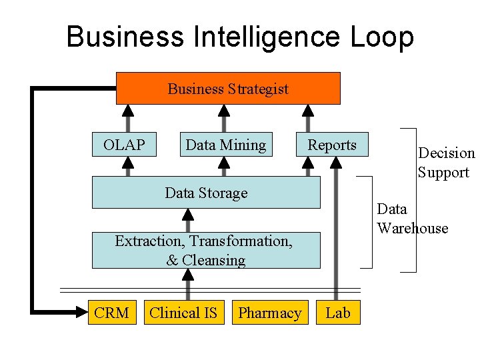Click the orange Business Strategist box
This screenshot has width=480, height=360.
(x=228, y=89)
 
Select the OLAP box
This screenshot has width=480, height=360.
(x=124, y=145)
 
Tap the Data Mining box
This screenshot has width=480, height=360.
(x=226, y=145)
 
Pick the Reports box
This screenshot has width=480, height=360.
(x=332, y=145)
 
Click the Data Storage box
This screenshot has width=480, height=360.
(x=206, y=193)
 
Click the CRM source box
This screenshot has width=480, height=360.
(x=111, y=313)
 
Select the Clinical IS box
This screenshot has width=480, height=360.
(x=183, y=313)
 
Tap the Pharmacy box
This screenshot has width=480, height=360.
(x=270, y=313)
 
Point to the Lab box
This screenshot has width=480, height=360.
(x=338, y=313)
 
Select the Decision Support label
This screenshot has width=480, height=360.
(x=445, y=163)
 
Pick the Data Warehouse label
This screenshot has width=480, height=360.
(x=411, y=219)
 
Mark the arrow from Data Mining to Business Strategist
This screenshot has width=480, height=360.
(x=224, y=118)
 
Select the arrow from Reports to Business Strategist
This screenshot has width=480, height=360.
(x=307, y=118)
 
